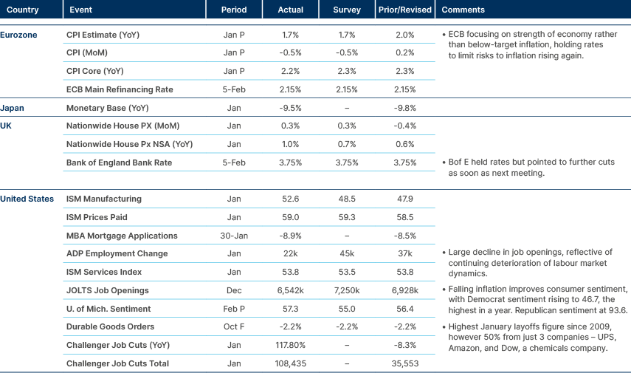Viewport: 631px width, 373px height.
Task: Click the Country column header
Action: click(22, 10)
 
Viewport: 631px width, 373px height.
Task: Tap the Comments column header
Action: click(463, 10)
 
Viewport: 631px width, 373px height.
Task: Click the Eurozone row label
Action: click(18, 35)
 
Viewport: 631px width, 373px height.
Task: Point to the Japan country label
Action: click(14, 108)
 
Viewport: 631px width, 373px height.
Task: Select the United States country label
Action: click(27, 199)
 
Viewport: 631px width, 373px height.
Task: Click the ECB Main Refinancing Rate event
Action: click(120, 89)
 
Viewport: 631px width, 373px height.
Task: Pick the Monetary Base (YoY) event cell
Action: click(108, 108)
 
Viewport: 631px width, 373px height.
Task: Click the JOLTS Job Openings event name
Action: click(107, 290)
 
